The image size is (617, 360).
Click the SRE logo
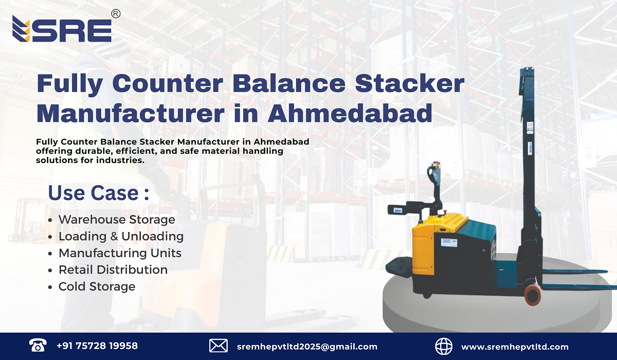[x=62, y=29]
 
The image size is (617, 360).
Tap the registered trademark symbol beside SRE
[x=116, y=14]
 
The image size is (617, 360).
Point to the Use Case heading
[x=98, y=193]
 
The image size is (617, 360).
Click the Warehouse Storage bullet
[x=116, y=220]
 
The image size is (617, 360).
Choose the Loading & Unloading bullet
[x=121, y=237]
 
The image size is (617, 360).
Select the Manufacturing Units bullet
[x=120, y=253]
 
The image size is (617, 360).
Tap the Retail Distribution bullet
[x=113, y=270]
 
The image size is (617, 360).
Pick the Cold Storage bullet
[x=97, y=286]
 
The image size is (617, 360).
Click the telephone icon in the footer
[x=38, y=346]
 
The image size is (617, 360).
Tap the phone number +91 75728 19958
[x=97, y=346]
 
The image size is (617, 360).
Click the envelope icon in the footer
[x=219, y=346]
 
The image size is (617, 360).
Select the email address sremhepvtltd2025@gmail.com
[x=307, y=347]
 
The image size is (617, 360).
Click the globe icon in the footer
[x=444, y=346]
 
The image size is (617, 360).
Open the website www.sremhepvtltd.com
[x=515, y=347]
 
